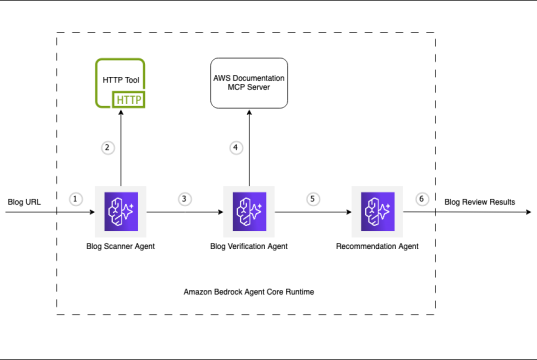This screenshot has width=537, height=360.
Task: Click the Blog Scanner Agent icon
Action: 121,211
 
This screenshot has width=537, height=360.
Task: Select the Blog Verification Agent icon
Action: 248,211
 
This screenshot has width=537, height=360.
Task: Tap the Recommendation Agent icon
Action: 376,211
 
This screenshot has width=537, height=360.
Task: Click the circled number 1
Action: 74,198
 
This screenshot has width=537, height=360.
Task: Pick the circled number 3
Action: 184,198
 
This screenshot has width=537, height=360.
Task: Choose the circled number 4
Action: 236,148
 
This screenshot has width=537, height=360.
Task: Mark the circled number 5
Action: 312,198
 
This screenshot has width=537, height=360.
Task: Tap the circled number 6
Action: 421,198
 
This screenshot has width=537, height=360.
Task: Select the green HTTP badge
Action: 129,99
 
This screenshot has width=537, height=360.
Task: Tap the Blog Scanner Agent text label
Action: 121,245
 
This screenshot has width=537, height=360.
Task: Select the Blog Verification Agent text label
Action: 248,245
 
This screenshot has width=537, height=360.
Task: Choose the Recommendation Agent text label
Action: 376,245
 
